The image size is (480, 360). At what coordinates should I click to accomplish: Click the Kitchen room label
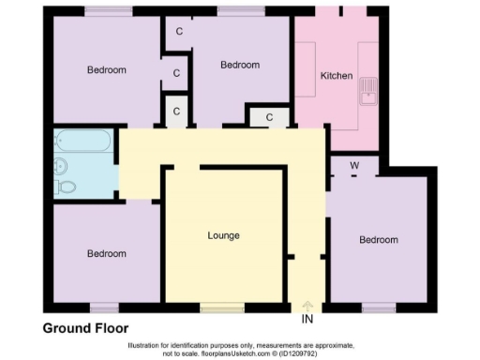(336, 75)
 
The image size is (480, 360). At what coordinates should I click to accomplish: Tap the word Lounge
(223, 234)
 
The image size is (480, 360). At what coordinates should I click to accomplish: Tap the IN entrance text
(307, 321)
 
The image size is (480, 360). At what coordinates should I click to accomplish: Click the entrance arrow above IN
(307, 306)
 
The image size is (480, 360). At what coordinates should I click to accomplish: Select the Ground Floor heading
(85, 327)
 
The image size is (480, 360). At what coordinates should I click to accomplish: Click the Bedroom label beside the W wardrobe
(379, 240)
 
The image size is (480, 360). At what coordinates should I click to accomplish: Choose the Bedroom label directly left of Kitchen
(239, 65)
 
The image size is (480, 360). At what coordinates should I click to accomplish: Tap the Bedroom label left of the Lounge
(107, 253)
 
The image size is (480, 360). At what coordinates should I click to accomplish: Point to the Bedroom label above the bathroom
(107, 70)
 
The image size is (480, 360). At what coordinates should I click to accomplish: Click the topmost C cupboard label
(178, 31)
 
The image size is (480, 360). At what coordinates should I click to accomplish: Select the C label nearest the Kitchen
(269, 117)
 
